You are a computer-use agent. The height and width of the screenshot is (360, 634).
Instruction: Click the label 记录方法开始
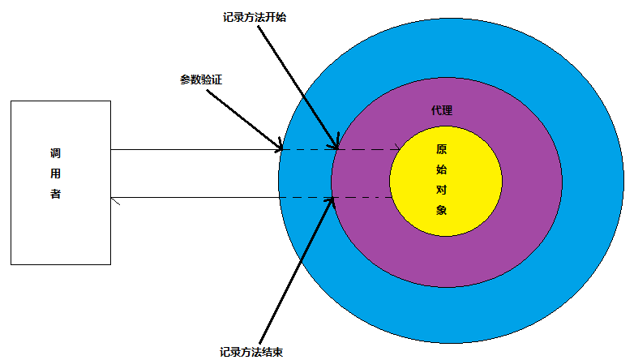click(255, 17)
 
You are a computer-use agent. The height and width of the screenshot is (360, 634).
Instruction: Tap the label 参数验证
click(201, 79)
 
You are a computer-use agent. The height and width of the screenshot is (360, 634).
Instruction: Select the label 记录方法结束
click(251, 352)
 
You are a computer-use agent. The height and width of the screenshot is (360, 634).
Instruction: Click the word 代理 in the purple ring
click(442, 110)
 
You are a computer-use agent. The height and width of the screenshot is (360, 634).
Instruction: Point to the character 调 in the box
click(55, 153)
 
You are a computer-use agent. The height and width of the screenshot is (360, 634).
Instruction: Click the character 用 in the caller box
click(55, 174)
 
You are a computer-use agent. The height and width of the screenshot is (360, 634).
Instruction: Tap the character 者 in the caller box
click(55, 194)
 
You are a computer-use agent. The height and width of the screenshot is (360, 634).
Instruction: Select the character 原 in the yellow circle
click(441, 149)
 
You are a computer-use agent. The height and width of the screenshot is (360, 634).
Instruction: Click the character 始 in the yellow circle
click(441, 169)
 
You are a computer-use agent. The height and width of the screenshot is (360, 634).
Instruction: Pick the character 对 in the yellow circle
click(441, 190)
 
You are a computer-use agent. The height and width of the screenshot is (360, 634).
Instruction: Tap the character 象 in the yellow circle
click(441, 210)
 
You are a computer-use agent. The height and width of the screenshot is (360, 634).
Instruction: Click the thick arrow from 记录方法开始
click(298, 88)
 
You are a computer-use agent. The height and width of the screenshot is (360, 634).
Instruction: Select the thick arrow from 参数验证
click(245, 120)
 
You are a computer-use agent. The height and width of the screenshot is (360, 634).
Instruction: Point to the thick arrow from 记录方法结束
click(297, 270)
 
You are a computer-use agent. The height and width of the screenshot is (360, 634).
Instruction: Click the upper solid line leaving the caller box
click(195, 150)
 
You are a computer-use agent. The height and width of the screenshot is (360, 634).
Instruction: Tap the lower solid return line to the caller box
click(195, 197)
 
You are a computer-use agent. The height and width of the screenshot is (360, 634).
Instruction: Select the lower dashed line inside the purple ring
click(362, 197)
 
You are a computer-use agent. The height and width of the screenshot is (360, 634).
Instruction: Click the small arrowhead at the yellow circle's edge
click(397, 147)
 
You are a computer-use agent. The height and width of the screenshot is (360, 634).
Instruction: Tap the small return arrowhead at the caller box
click(116, 200)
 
